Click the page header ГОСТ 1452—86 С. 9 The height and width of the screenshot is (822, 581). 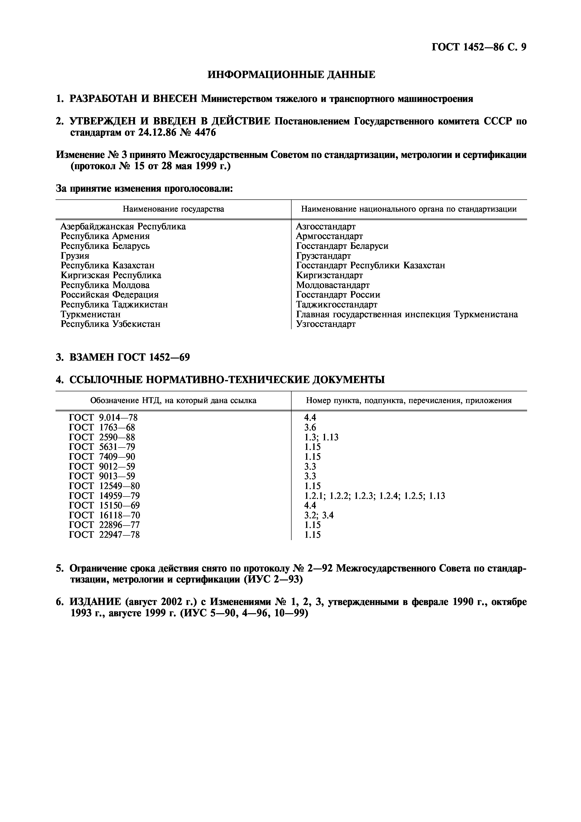479,48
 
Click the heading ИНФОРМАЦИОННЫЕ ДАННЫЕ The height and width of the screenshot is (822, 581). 291,75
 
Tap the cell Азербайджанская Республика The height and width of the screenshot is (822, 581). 123,227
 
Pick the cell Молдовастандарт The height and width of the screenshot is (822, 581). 333,285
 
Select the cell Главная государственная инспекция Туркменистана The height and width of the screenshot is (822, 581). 407,314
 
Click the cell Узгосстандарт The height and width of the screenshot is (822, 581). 326,324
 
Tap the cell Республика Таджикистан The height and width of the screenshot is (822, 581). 114,305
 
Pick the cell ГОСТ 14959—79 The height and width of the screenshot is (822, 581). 104,496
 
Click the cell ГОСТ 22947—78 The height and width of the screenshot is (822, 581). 104,535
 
